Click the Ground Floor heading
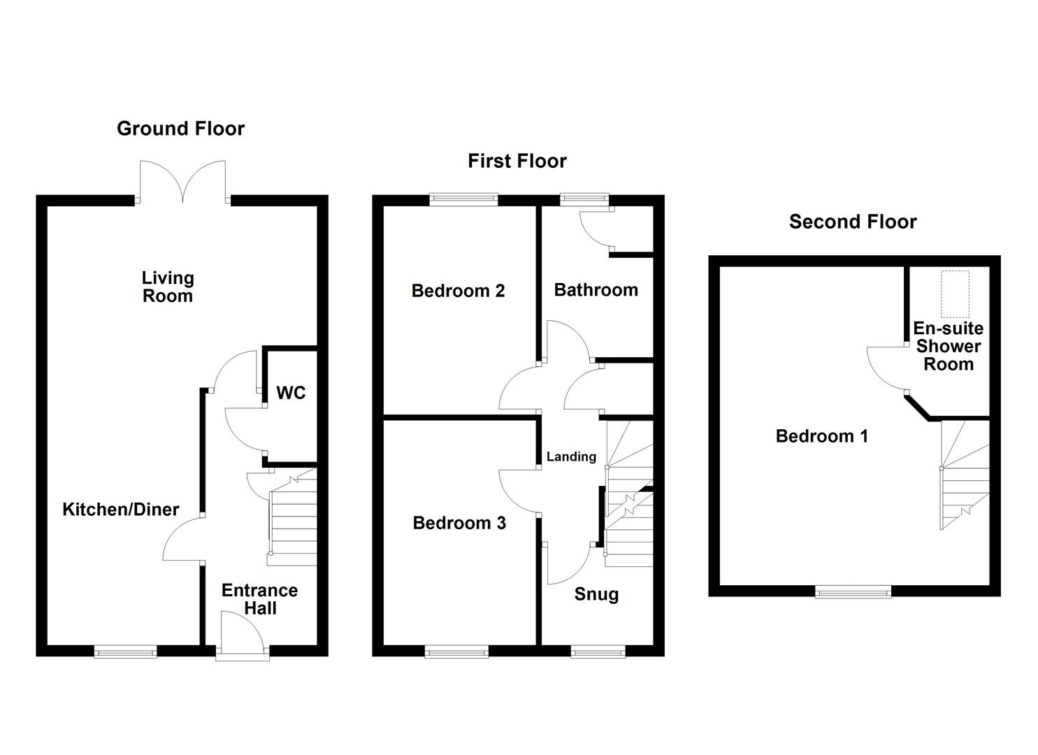[x=180, y=129]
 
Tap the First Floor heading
[x=517, y=161]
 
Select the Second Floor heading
[x=852, y=222]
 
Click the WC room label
[x=291, y=393]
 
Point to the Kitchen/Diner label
[x=121, y=510]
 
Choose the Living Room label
[x=168, y=287]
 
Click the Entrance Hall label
[x=260, y=599]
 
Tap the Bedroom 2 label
[x=458, y=291]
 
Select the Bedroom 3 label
[x=459, y=523]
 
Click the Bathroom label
[x=596, y=289]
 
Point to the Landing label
[x=571, y=456]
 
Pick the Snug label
[x=596, y=594]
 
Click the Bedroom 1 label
[x=822, y=436]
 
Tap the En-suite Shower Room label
[x=948, y=346]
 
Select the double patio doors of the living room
[x=182, y=183]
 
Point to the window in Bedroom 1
[x=853, y=592]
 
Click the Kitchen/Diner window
[x=126, y=652]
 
